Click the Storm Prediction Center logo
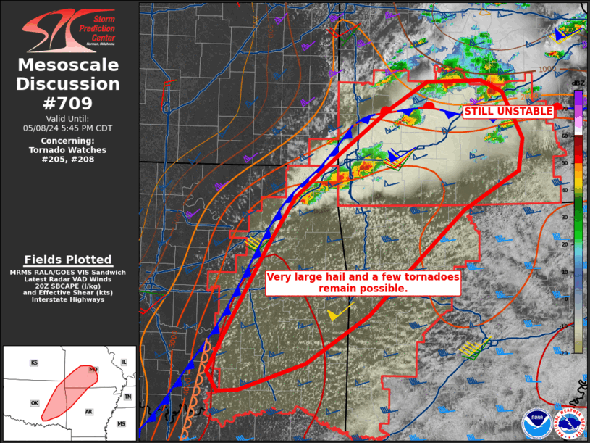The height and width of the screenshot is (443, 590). tap(69, 30)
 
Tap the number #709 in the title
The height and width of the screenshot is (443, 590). tap(69, 102)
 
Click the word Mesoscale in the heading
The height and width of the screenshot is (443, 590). tap(69, 65)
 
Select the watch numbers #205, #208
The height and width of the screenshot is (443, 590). tap(69, 160)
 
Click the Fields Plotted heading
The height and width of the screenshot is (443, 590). tap(68, 260)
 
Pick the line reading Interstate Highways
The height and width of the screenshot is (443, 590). tap(68, 299)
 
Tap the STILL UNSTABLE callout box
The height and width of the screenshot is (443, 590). tap(508, 112)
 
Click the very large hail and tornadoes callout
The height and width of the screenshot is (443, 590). tap(363, 282)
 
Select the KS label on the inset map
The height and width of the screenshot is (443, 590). tap(34, 363)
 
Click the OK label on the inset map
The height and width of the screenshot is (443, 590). tap(34, 403)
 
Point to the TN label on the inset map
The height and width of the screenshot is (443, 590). tap(127, 397)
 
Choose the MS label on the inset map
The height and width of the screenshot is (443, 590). tap(121, 423)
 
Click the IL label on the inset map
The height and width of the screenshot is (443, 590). tap(124, 362)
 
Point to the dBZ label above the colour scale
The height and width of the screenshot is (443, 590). tap(578, 84)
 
